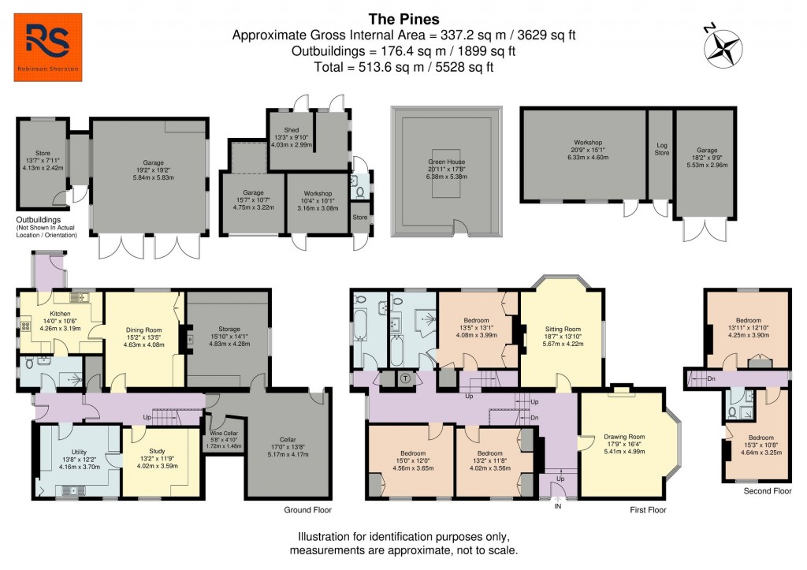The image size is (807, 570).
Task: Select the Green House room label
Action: [x=446, y=161]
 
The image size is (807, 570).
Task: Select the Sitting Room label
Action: [x=563, y=330]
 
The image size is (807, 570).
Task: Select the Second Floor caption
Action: [x=767, y=490]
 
